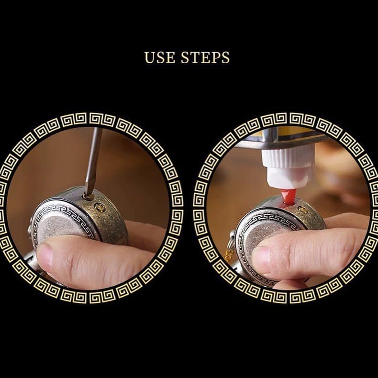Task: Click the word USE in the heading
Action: [x=160, y=57]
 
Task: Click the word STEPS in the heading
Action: [x=205, y=57]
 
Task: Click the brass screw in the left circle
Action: [x=100, y=207]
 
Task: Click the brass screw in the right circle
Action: [x=302, y=210]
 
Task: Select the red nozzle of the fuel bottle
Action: [x=289, y=196]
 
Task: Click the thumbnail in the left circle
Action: [x=45, y=256]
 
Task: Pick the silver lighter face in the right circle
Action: [x=267, y=229]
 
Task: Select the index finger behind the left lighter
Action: [x=142, y=235]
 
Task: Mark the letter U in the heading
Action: [x=149, y=57]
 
